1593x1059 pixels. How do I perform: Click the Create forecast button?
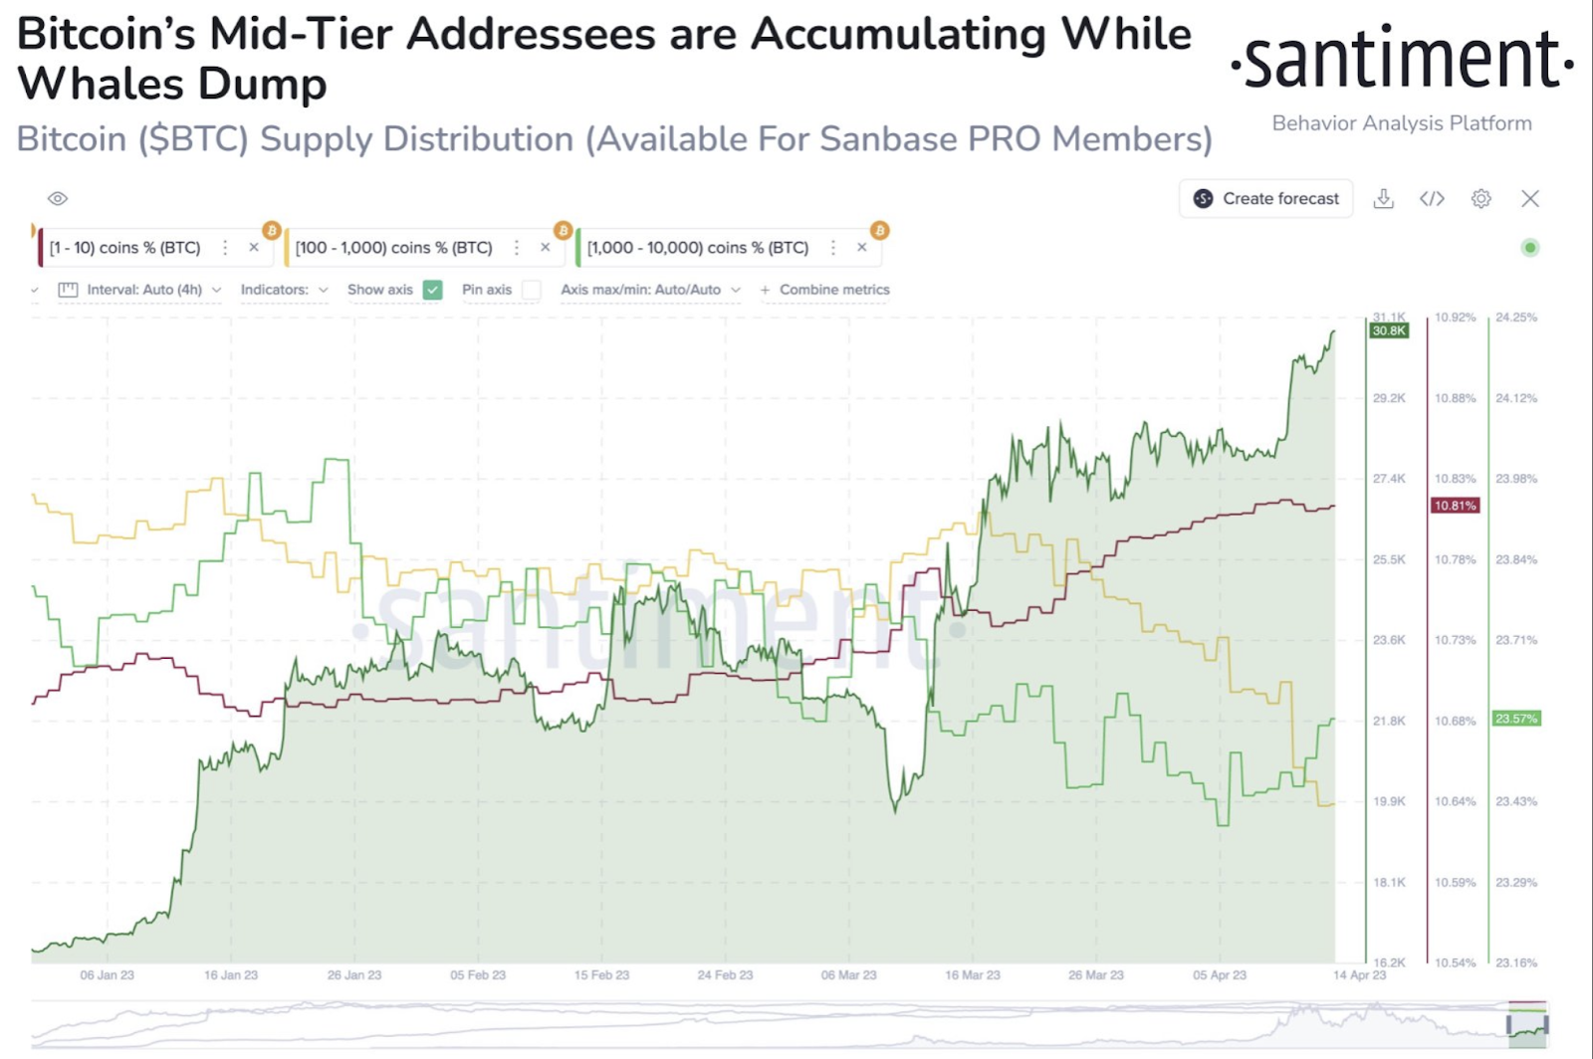tap(1266, 198)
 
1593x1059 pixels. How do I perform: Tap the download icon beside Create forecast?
tap(1383, 198)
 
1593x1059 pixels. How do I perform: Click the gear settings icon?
tap(1480, 198)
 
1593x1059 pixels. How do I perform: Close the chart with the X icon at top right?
tap(1530, 198)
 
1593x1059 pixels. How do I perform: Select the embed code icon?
tap(1432, 198)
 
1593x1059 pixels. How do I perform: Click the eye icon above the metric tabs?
tap(58, 198)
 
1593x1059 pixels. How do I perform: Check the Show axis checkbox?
tap(432, 290)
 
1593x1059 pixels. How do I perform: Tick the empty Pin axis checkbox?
tap(532, 290)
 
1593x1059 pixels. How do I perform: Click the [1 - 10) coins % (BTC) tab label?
tap(125, 248)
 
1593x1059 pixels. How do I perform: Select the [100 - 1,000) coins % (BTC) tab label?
tap(394, 248)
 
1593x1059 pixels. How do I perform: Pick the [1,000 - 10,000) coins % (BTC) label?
tap(698, 248)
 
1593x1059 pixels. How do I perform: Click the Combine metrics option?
tap(833, 290)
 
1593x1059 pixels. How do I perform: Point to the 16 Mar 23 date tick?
tap(973, 974)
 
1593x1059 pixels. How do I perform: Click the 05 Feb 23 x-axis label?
tap(478, 974)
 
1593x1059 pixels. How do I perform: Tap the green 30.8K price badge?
tap(1389, 330)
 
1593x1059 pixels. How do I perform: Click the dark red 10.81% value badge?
tap(1455, 506)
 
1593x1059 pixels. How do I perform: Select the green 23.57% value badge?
tap(1516, 719)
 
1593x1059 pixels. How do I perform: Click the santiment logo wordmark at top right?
tap(1402, 60)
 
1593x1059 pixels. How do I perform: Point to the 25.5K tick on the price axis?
tap(1389, 559)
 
